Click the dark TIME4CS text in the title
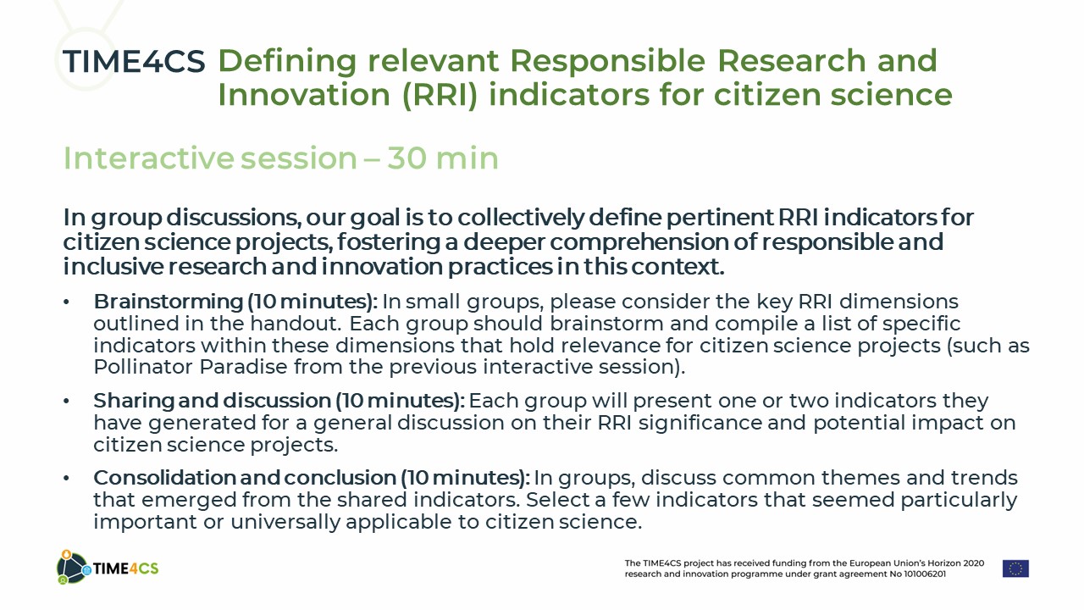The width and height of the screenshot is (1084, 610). tap(134, 62)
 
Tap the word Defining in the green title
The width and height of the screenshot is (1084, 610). tap(287, 62)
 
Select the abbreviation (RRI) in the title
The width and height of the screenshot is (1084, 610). tap(440, 94)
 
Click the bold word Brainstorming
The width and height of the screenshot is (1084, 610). tap(169, 302)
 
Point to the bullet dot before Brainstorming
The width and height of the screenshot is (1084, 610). tap(66, 302)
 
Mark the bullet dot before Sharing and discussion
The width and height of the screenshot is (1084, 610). tap(66, 402)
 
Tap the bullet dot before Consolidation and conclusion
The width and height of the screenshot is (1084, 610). tap(66, 479)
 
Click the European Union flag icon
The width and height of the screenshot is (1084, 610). tap(1015, 568)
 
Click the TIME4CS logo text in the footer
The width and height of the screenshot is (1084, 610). tap(125, 568)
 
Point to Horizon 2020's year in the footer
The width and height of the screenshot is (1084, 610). tap(974, 563)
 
